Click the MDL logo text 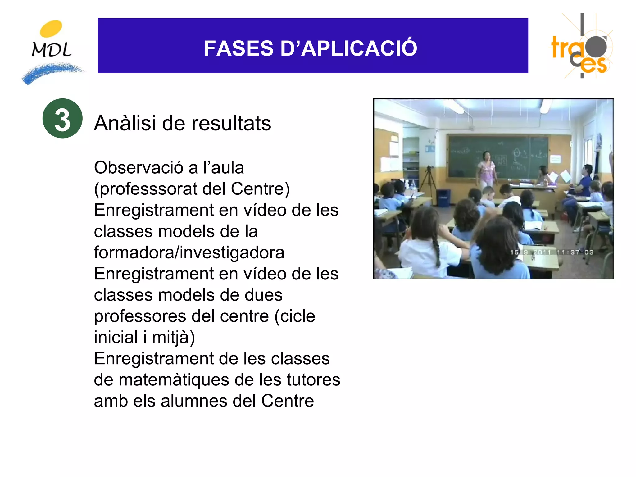click(52, 49)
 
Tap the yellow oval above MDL click(51, 29)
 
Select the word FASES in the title click(238, 48)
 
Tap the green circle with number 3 click(62, 118)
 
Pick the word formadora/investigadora click(189, 252)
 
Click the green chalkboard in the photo click(497, 155)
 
